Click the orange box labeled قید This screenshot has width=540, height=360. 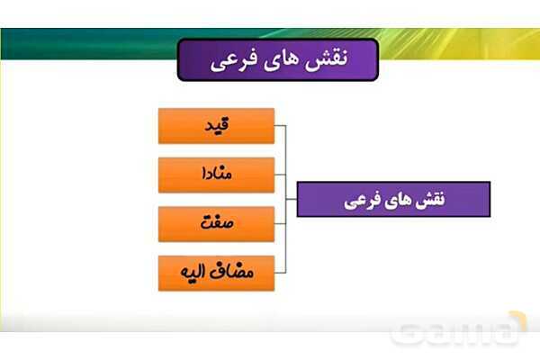tap(216, 126)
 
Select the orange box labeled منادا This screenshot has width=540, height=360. tap(216, 175)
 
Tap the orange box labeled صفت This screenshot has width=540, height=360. tap(216, 223)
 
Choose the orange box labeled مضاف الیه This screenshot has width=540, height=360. tap(216, 273)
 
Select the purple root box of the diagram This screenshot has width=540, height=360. tap(393, 199)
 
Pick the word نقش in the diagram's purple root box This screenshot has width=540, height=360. tap(427, 199)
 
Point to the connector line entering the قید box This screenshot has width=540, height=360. tap(280, 126)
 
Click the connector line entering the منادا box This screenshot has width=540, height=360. tap(280, 175)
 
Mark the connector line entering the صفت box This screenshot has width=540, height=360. tap(280, 223)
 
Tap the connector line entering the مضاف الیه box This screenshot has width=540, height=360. tap(280, 273)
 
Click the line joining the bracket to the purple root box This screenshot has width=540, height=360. tap(292, 199)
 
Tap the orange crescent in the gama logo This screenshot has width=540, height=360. tap(515, 322)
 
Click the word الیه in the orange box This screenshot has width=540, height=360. tap(192, 272)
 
